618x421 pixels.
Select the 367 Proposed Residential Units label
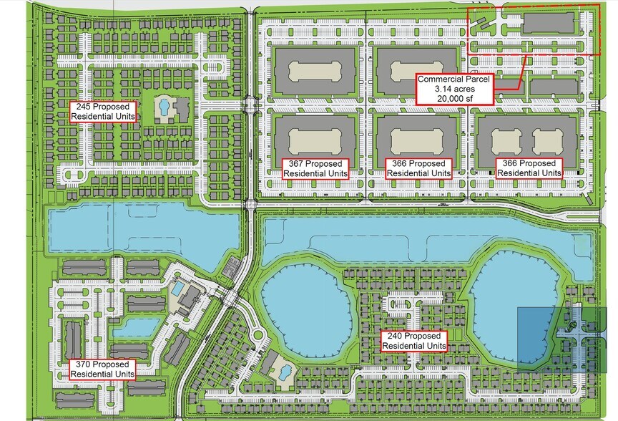point(317,168)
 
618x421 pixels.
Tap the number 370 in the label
point(84,364)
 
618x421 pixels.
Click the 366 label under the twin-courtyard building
point(529,168)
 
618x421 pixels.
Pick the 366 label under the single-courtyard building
point(419,168)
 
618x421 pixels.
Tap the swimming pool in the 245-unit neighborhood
point(164,108)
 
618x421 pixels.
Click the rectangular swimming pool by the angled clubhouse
point(177,288)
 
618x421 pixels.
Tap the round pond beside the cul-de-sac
point(305,315)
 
